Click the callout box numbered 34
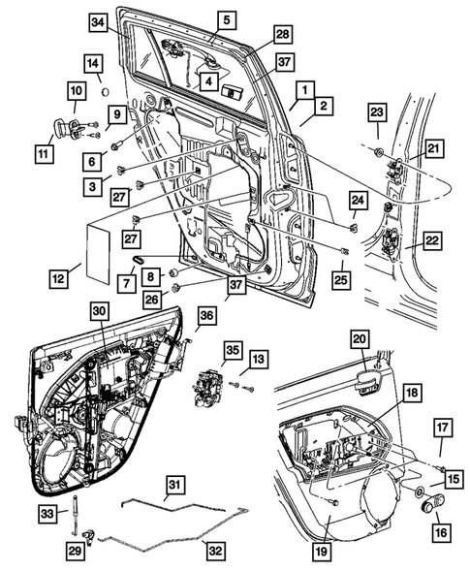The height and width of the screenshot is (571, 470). [x=97, y=22]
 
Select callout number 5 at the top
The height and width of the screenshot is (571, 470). [x=225, y=19]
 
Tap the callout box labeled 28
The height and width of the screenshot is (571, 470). [x=282, y=35]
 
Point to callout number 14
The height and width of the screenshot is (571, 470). [x=93, y=65]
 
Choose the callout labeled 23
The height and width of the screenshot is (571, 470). [x=377, y=112]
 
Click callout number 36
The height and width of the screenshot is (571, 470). [x=205, y=315]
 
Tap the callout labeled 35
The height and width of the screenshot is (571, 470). [x=231, y=348]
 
